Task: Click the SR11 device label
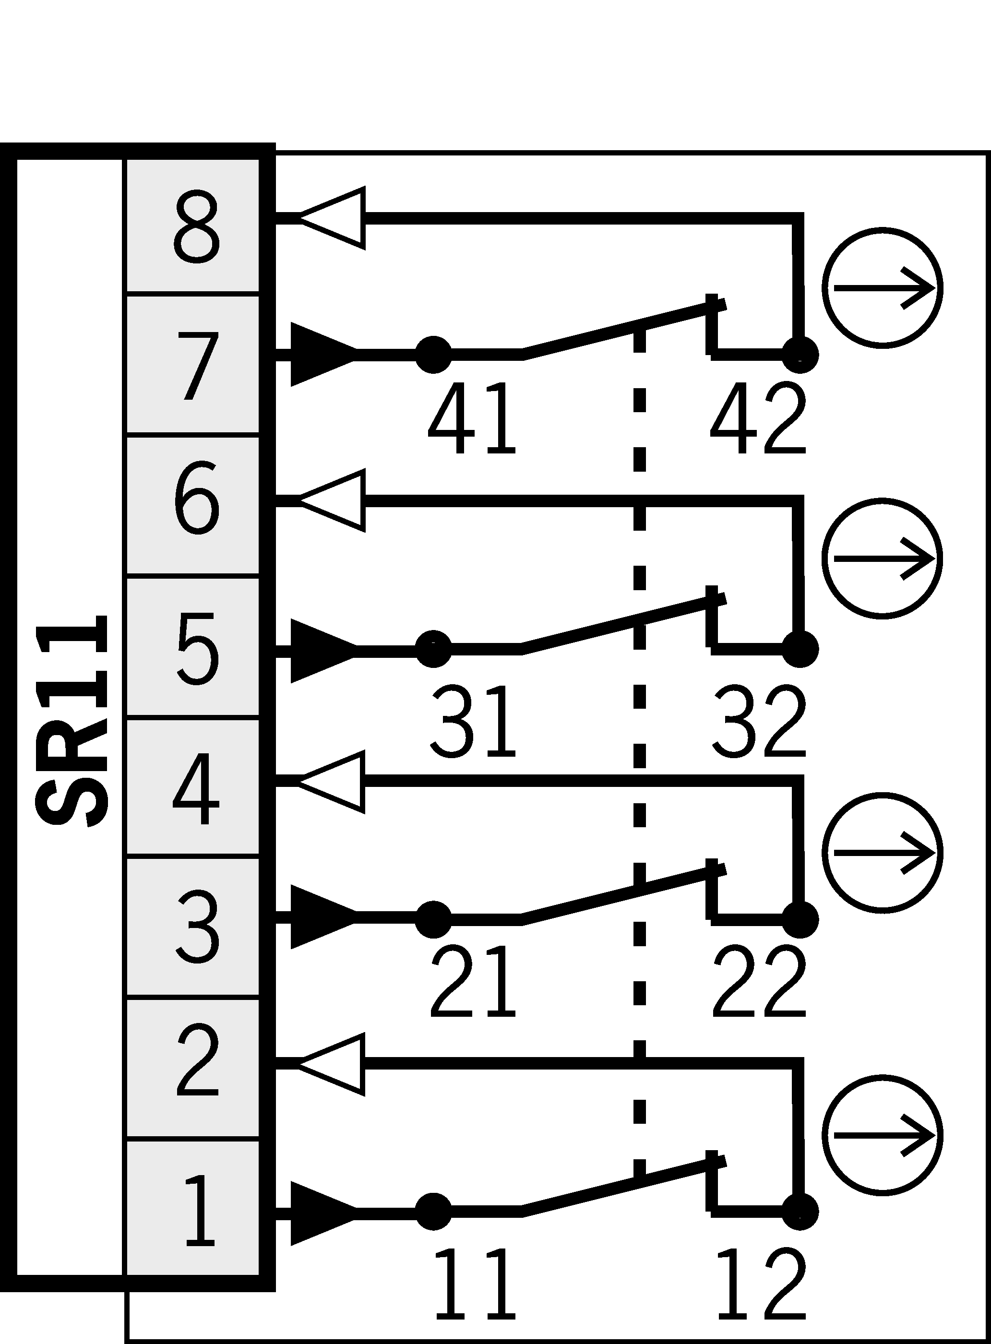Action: [x=72, y=720]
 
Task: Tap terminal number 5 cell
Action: [x=192, y=646]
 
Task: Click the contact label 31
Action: [x=473, y=721]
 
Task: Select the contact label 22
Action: [x=759, y=982]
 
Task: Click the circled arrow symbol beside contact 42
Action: [x=882, y=287]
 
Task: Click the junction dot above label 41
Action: [x=433, y=355]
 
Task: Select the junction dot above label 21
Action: [x=433, y=919]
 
